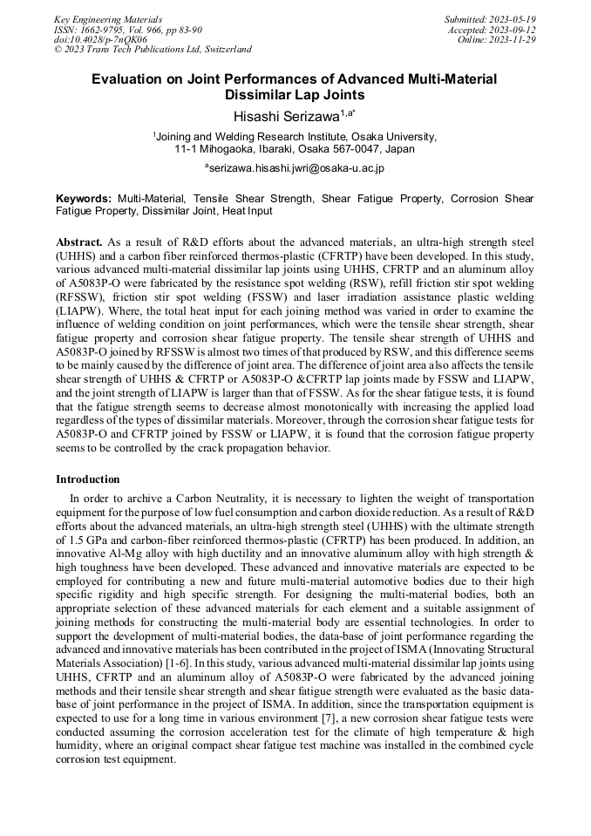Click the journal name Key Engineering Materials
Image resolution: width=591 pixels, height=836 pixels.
(x=107, y=18)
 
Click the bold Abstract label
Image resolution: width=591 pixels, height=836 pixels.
(x=79, y=241)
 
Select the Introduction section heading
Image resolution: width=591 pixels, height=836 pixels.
(x=88, y=479)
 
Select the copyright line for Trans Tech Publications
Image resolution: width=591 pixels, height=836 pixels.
(x=153, y=50)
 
